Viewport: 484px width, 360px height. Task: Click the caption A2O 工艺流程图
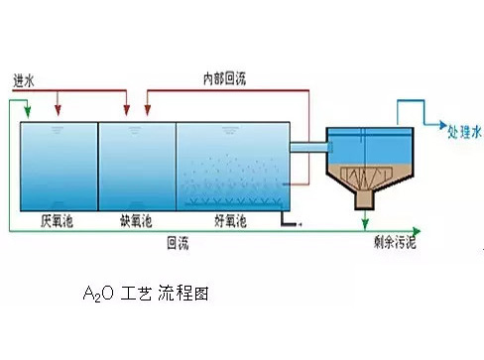click(x=146, y=295)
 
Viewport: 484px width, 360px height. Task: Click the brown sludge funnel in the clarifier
click(x=366, y=179)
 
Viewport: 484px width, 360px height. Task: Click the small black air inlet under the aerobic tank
click(x=290, y=225)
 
